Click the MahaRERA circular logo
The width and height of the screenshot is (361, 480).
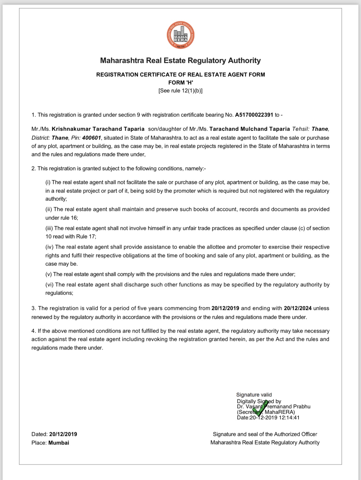(x=180, y=36)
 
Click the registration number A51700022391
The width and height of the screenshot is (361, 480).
(x=254, y=115)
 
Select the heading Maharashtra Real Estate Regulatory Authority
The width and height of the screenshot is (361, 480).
(x=180, y=60)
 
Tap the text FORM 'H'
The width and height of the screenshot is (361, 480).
(x=180, y=82)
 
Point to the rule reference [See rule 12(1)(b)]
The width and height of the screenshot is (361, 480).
(x=180, y=91)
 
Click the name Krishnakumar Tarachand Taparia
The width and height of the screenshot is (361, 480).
(x=98, y=129)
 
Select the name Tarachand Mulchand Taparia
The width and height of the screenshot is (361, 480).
(x=250, y=129)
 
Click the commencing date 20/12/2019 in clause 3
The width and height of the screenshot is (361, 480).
(x=225, y=308)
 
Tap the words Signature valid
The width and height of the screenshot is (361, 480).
(x=254, y=395)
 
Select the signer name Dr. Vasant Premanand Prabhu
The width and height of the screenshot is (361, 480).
(x=274, y=406)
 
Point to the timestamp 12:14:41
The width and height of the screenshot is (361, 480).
(x=289, y=417)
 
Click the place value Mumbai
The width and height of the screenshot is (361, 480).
(x=59, y=443)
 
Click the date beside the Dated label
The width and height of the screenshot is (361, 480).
(x=63, y=434)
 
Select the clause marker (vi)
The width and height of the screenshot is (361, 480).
(x=50, y=285)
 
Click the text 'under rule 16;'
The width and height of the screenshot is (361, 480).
(x=62, y=218)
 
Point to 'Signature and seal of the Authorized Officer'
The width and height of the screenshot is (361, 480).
(x=265, y=434)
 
